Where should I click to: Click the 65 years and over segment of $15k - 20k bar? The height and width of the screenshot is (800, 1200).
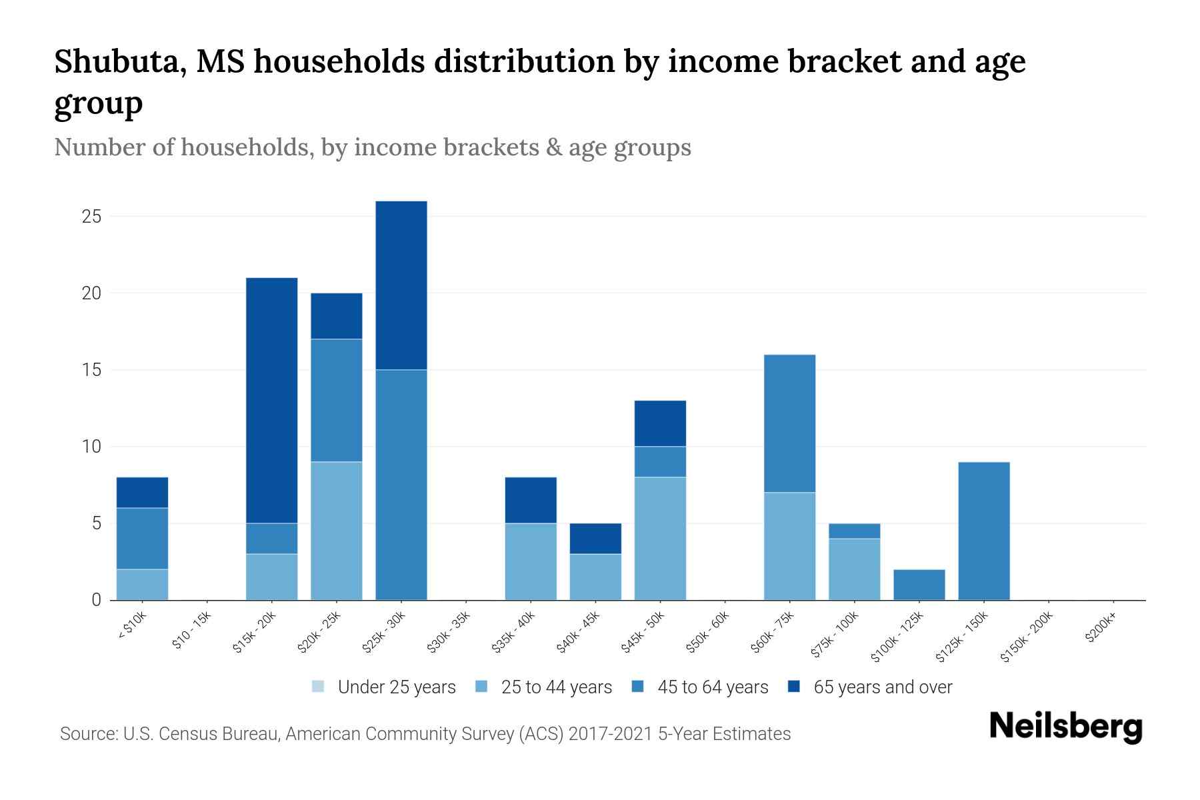click(271, 400)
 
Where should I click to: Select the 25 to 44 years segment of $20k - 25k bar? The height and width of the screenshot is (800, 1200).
click(337, 531)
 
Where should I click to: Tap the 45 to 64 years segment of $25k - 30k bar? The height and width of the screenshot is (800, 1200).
click(401, 485)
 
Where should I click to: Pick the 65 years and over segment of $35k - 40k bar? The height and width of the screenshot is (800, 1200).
click(531, 500)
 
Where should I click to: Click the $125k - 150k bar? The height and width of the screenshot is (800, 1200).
click(983, 531)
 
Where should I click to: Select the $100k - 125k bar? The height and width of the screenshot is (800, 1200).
click(919, 585)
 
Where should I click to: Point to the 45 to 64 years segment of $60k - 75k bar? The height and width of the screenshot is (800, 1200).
click(789, 423)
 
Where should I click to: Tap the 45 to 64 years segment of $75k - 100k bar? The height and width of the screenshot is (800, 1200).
click(854, 531)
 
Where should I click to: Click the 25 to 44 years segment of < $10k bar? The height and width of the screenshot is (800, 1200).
click(142, 585)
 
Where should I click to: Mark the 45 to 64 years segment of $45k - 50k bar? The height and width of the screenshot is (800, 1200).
click(660, 461)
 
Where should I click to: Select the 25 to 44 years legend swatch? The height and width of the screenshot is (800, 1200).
click(481, 687)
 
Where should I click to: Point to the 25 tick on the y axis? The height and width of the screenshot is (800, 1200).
click(91, 217)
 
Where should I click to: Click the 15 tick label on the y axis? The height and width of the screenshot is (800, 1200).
click(91, 370)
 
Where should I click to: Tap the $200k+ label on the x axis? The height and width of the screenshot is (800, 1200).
click(1101, 629)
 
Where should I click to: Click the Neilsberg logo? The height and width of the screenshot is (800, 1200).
click(1065, 727)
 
